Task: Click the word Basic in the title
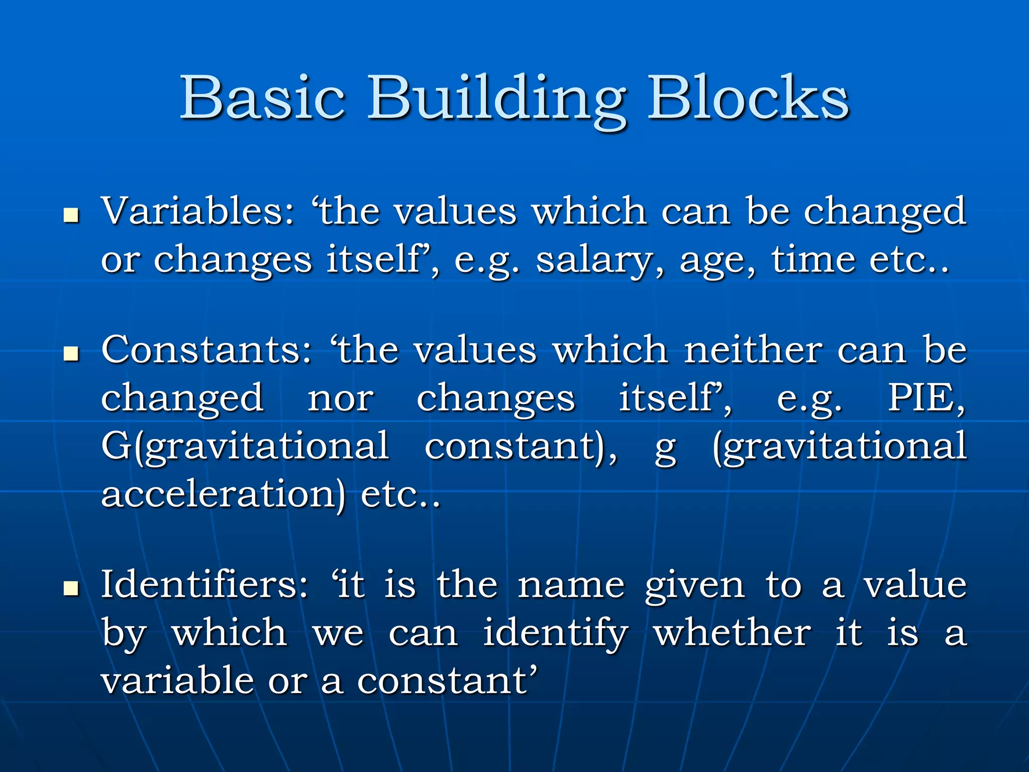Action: point(262,98)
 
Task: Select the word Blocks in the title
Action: point(749,98)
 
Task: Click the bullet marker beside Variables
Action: point(72,216)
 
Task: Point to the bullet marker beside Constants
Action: point(72,355)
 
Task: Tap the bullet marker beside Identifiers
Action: point(72,589)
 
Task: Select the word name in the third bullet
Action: point(571,586)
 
